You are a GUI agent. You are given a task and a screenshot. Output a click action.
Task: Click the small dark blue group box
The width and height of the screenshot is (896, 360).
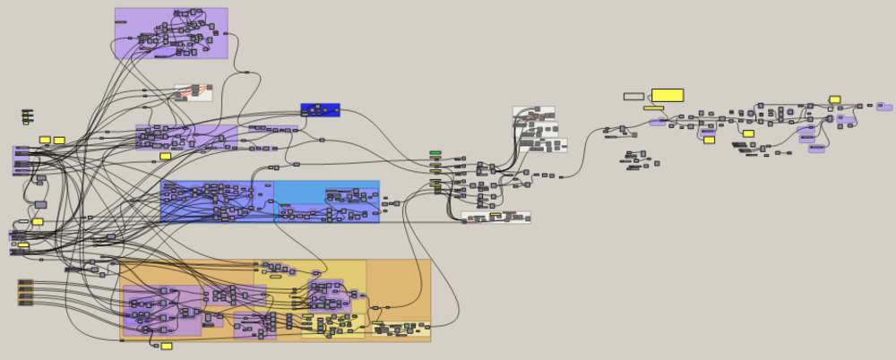320,110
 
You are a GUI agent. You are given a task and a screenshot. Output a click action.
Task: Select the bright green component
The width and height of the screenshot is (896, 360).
435,153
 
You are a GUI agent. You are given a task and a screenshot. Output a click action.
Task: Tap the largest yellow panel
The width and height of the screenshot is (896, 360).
668,95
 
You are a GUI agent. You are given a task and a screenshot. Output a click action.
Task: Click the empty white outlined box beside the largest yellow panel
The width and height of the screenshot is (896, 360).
633,96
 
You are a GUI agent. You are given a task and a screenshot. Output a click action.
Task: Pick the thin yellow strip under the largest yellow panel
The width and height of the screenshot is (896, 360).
653,108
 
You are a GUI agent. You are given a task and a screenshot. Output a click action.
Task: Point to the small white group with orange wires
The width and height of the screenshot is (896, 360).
193,92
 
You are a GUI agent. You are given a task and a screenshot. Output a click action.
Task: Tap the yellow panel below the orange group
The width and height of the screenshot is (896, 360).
166,346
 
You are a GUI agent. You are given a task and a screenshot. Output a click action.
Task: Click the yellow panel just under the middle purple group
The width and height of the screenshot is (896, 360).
165,156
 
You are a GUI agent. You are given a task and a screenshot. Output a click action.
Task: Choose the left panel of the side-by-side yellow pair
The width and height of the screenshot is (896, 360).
45,140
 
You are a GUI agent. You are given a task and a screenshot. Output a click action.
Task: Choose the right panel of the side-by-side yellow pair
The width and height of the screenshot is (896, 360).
59,140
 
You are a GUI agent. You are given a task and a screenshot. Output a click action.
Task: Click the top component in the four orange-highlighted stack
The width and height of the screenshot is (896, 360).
25,282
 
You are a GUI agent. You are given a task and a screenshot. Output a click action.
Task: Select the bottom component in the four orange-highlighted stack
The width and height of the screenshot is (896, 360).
25,303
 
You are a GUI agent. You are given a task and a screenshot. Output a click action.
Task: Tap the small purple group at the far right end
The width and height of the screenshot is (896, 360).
884,107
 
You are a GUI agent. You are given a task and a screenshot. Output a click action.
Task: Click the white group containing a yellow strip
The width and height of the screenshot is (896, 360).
495,217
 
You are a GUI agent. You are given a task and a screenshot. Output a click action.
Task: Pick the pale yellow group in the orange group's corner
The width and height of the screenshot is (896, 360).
401,330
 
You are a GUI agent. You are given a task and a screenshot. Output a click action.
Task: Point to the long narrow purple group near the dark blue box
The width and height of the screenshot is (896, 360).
273,129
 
